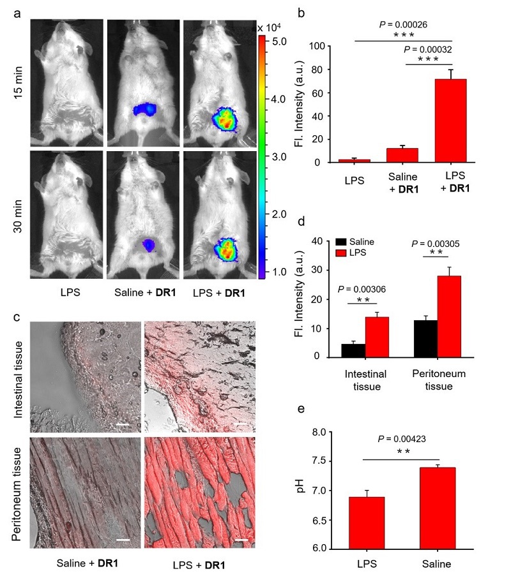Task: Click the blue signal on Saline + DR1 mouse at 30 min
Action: (x=149, y=244)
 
